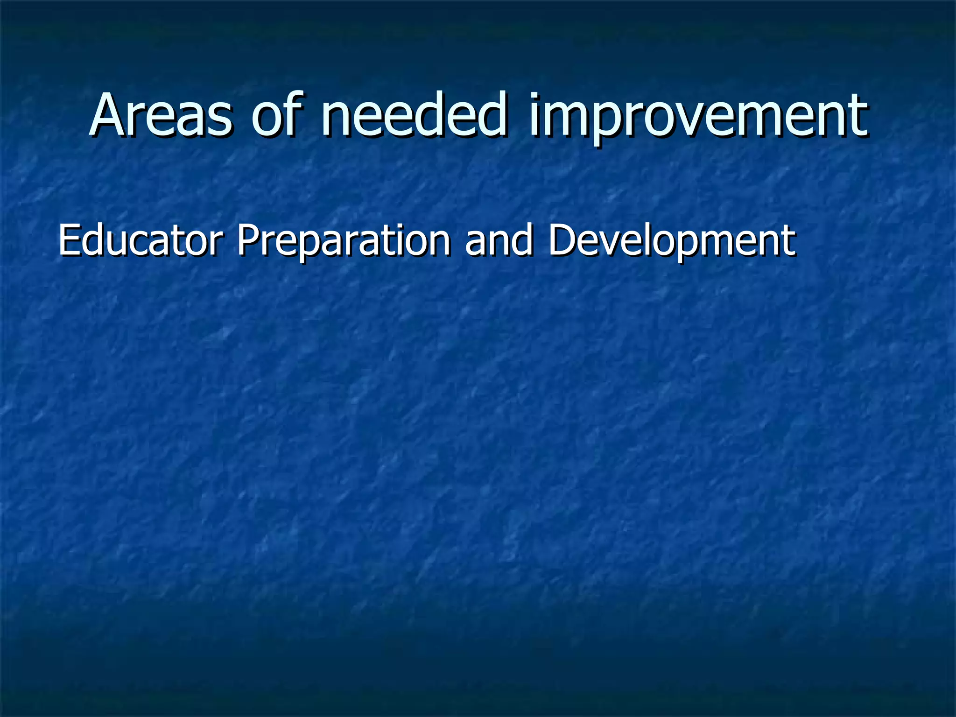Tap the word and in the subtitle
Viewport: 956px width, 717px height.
(499, 240)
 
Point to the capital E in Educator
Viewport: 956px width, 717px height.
(69, 240)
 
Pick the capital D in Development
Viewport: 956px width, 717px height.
(562, 240)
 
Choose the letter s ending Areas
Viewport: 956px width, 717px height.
(219, 120)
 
